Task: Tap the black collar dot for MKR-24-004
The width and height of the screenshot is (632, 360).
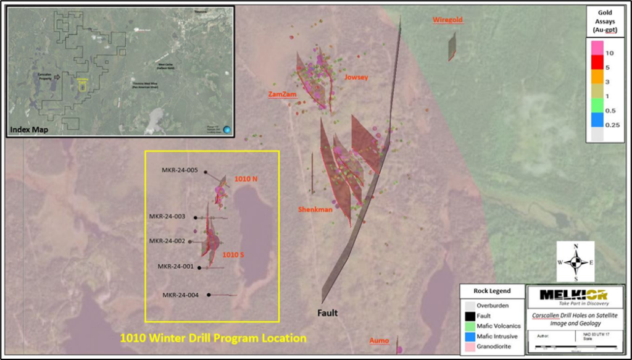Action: (209, 295)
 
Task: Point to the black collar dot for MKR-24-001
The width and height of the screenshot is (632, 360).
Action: (199, 267)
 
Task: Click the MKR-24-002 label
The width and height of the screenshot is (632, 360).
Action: (167, 241)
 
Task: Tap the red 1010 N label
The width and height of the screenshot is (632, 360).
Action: (246, 179)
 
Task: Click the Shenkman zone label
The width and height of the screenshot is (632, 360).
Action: (315, 210)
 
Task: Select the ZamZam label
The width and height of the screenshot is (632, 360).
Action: (282, 94)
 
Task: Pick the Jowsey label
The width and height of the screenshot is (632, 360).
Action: (356, 78)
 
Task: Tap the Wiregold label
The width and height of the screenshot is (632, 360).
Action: (447, 20)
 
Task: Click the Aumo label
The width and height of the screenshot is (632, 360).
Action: (379, 341)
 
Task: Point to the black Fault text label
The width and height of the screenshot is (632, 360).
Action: (328, 313)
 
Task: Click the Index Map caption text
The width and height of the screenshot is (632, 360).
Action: (28, 130)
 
